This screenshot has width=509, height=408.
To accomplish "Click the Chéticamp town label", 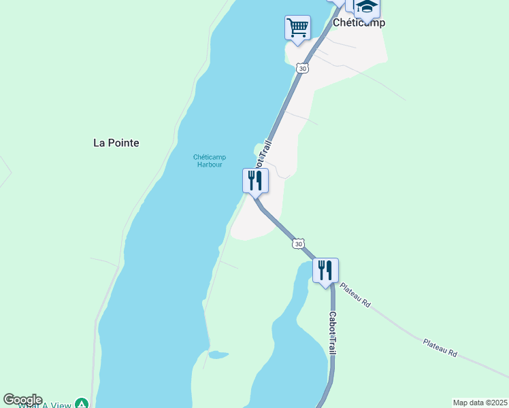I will pos(359,22).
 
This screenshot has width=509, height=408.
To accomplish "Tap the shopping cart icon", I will pos(297,28).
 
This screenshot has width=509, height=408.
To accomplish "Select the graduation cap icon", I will pos(367,7).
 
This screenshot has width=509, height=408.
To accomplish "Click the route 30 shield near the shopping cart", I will pos(303,68).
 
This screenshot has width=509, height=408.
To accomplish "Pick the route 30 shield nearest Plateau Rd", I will pos(298,243).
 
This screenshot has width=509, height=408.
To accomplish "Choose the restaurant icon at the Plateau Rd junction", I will pos(325,270).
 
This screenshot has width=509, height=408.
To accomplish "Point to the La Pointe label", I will pos(116,143).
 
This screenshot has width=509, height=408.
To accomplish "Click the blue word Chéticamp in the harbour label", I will pos(210,157).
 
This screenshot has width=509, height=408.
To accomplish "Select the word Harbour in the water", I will pos(210,165).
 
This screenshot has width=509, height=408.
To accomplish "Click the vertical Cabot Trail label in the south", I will pos(333,333).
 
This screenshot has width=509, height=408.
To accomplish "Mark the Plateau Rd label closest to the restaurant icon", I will pos(355,296).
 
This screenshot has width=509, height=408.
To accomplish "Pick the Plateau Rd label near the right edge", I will pos(439,348).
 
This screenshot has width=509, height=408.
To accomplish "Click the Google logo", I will pos(22,400).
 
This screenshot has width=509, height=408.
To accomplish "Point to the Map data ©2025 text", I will pos(479,403).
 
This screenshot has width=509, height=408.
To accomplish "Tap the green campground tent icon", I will pos(82,404).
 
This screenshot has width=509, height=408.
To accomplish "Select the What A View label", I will pos(45,405).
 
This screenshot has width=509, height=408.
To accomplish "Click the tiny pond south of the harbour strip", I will pos(218,355).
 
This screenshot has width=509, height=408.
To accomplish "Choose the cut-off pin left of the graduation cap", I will pos(338,2).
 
